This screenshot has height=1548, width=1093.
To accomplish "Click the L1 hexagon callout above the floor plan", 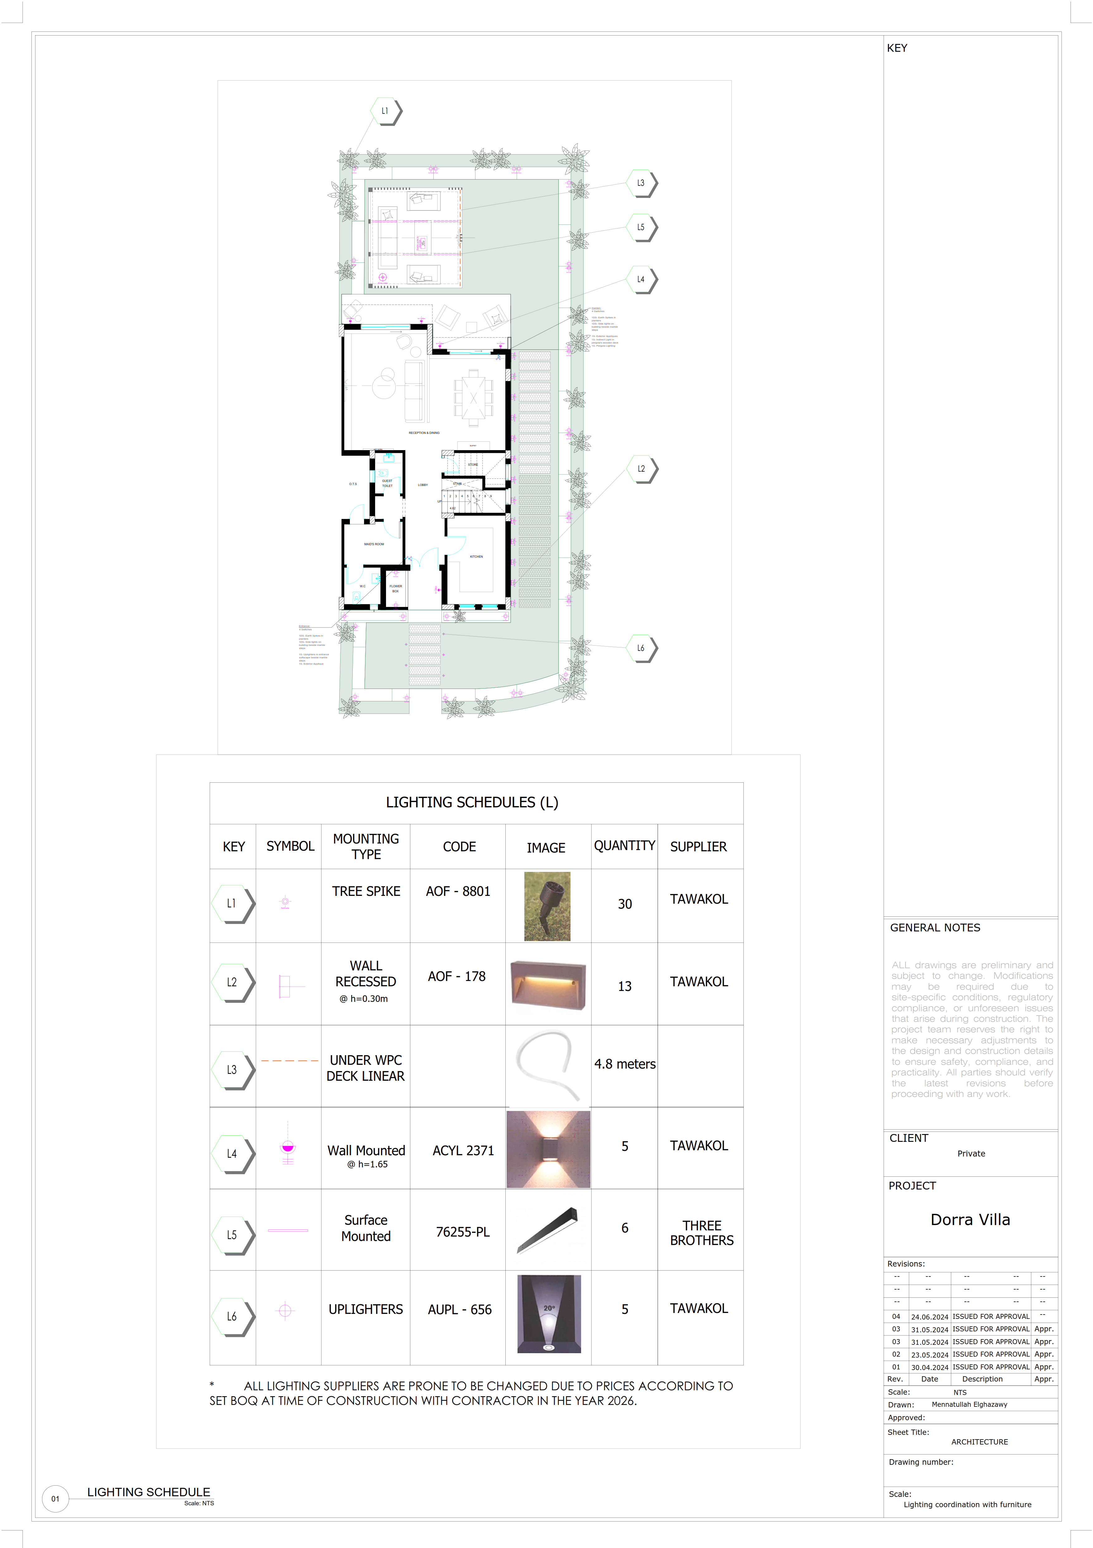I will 385,111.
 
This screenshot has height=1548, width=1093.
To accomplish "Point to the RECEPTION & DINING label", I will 424,433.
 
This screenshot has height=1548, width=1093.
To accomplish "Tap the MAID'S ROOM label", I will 374,544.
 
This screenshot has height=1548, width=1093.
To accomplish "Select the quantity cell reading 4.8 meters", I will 625,1064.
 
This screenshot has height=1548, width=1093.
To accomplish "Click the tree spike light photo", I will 547,906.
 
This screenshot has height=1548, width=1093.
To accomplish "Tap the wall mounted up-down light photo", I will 548,1150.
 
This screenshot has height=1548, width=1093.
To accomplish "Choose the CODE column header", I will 459,847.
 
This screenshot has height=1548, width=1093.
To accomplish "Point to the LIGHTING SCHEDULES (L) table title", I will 472,802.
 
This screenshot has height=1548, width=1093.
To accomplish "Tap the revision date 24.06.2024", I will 929,1317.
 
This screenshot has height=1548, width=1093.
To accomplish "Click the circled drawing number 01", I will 55,1499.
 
